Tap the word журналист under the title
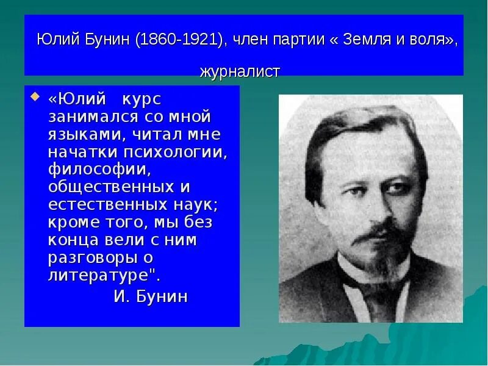[x=240, y=72]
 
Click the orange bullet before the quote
[x=34, y=98]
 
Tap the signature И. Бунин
[x=151, y=297]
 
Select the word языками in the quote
[x=84, y=134]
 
